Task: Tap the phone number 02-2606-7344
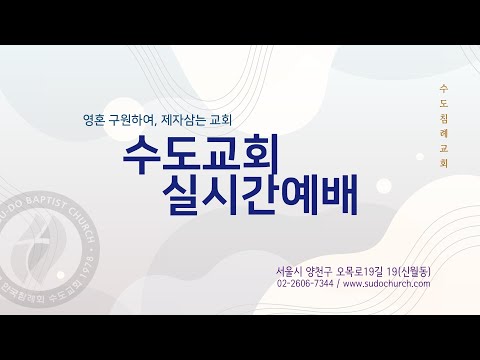(305, 284)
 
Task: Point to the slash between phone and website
(339, 284)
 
